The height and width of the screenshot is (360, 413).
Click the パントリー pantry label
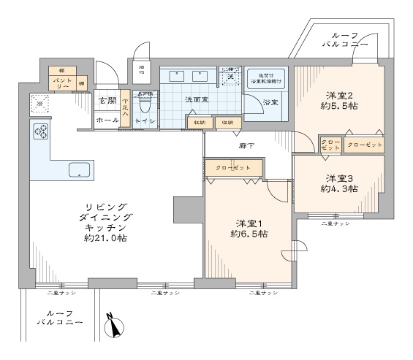click(x=62, y=82)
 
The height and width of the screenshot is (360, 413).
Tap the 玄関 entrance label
click(x=107, y=100)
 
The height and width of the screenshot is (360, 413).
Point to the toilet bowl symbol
click(x=144, y=107)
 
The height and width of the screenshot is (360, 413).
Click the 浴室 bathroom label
click(x=270, y=102)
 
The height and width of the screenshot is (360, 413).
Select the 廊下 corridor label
click(x=246, y=145)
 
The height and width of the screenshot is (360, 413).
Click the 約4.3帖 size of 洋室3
click(x=338, y=188)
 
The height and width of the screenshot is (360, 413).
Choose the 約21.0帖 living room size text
click(x=107, y=238)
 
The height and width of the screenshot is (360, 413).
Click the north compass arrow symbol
click(x=115, y=327)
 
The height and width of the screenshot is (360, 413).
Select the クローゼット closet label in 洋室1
click(x=233, y=168)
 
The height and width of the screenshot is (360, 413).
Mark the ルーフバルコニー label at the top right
click(x=344, y=39)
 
